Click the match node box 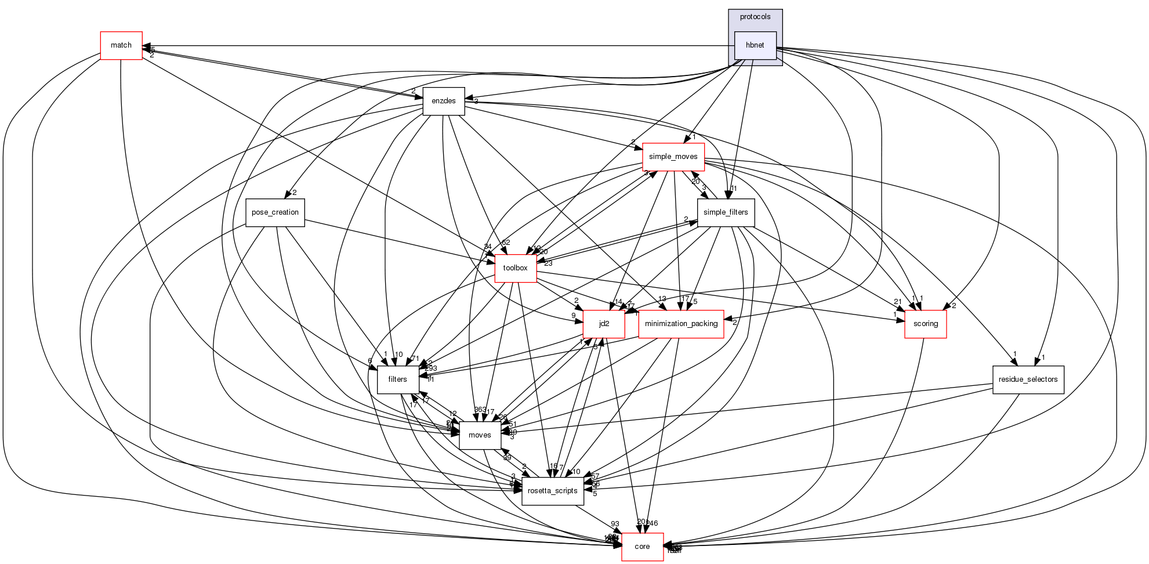pyautogui.click(x=121, y=45)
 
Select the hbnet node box pyautogui.click(x=755, y=45)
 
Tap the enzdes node pyautogui.click(x=443, y=101)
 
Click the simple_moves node pyautogui.click(x=673, y=157)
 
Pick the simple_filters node pyautogui.click(x=725, y=212)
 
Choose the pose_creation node pyautogui.click(x=275, y=212)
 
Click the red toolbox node pyautogui.click(x=515, y=268)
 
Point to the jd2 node pyautogui.click(x=604, y=324)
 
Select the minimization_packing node pyautogui.click(x=681, y=324)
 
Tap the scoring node pyautogui.click(x=925, y=324)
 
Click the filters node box pyautogui.click(x=397, y=379)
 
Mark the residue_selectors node pyautogui.click(x=1028, y=379)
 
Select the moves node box pyautogui.click(x=480, y=435)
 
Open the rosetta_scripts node pyautogui.click(x=552, y=491)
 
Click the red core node pyautogui.click(x=642, y=547)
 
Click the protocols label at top pyautogui.click(x=755, y=17)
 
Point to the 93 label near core pyautogui.click(x=615, y=524)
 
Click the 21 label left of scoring pyautogui.click(x=898, y=301)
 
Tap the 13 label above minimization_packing pyautogui.click(x=662, y=299)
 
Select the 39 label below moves pyautogui.click(x=507, y=458)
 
